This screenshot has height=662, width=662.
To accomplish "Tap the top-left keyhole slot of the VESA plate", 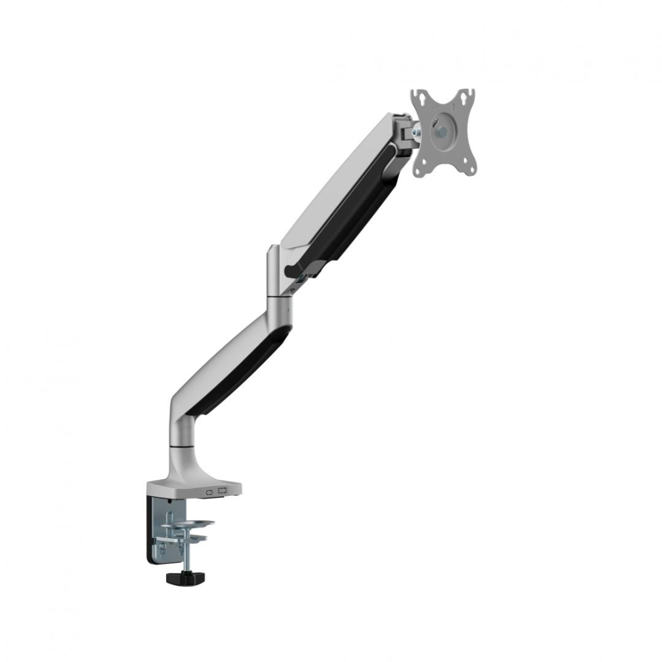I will [x=419, y=97].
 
